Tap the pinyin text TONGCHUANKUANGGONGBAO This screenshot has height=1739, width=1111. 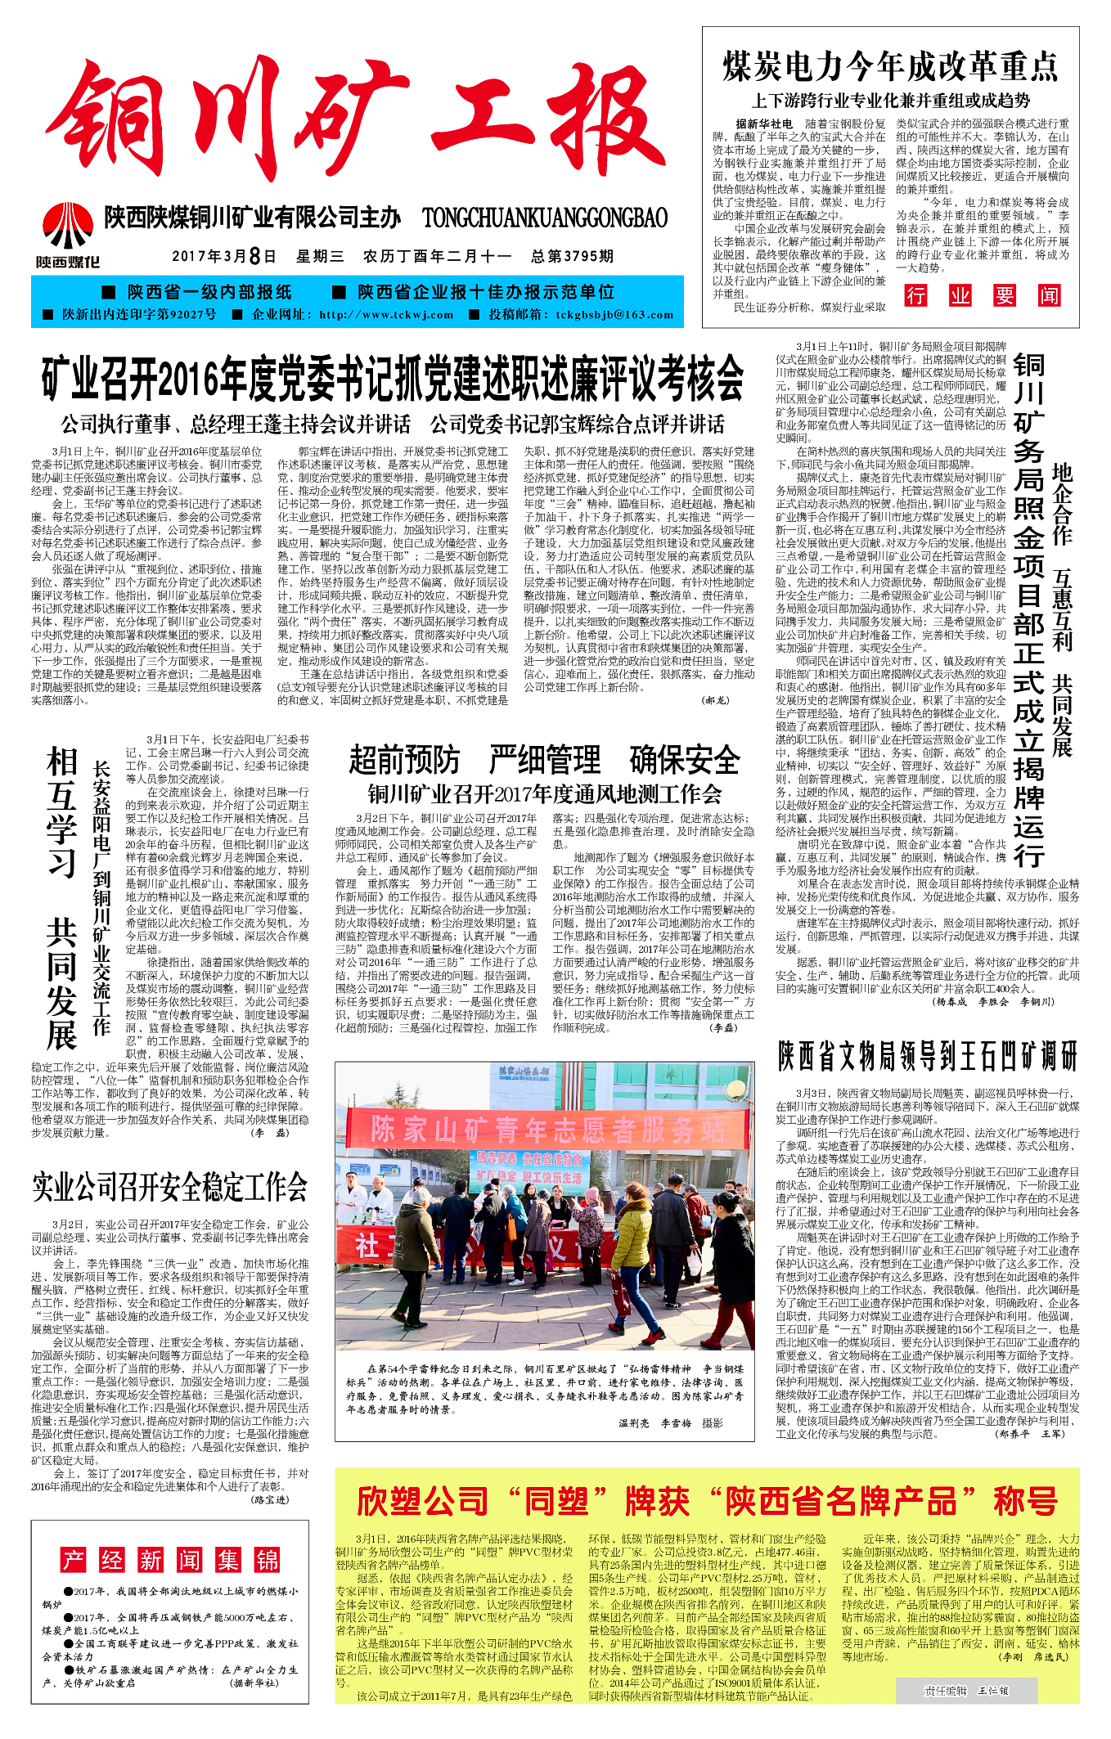point(545,218)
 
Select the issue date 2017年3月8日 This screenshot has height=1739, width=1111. point(224,257)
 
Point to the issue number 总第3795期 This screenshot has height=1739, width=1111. point(572,257)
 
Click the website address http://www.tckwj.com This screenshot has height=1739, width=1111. point(386,315)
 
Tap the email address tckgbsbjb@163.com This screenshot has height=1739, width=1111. point(614,315)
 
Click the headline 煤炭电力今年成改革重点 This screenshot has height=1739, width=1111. point(890,67)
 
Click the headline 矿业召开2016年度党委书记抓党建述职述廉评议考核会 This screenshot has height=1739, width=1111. point(393,379)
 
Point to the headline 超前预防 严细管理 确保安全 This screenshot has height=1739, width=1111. point(544,760)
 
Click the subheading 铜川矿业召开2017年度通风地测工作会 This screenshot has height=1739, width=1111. point(544,794)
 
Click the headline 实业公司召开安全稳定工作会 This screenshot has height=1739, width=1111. point(170,1187)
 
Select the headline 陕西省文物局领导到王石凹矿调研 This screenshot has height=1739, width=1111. point(928,1056)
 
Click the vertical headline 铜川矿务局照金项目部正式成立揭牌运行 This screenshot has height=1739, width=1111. point(1028,609)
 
